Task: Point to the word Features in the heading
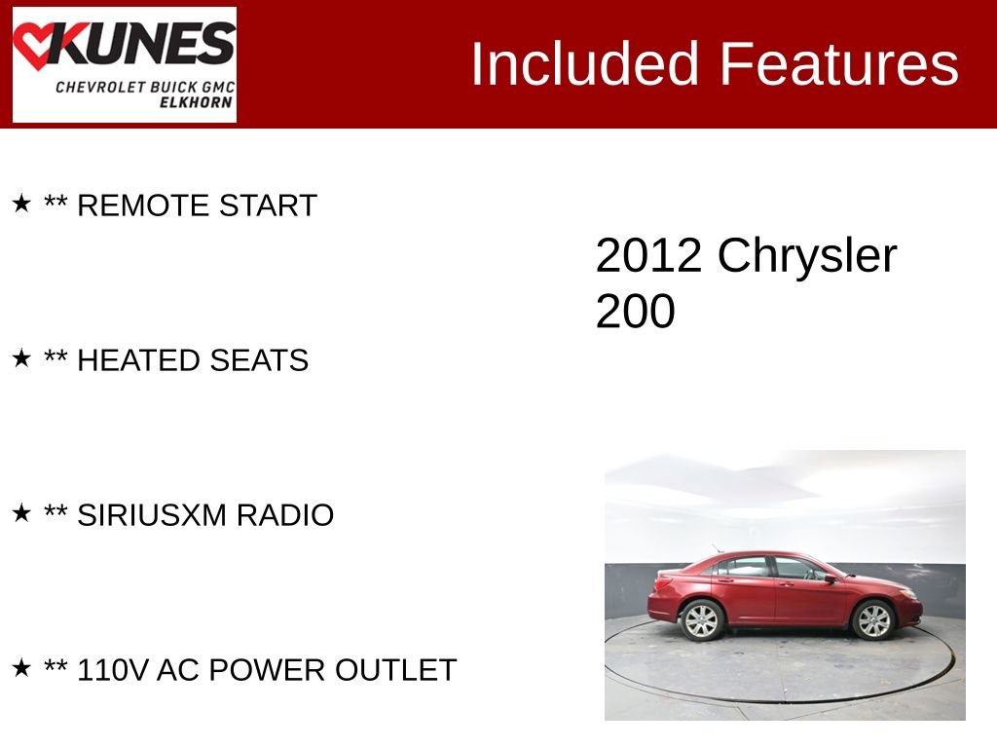tap(839, 64)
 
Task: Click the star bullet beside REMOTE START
tap(21, 204)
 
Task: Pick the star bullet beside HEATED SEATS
tap(21, 358)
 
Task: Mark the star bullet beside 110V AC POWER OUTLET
tap(21, 668)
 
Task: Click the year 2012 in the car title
tap(648, 255)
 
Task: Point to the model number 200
tap(635, 312)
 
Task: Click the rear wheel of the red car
tap(701, 620)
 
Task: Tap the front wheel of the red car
tap(873, 619)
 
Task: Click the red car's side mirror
tap(831, 579)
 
